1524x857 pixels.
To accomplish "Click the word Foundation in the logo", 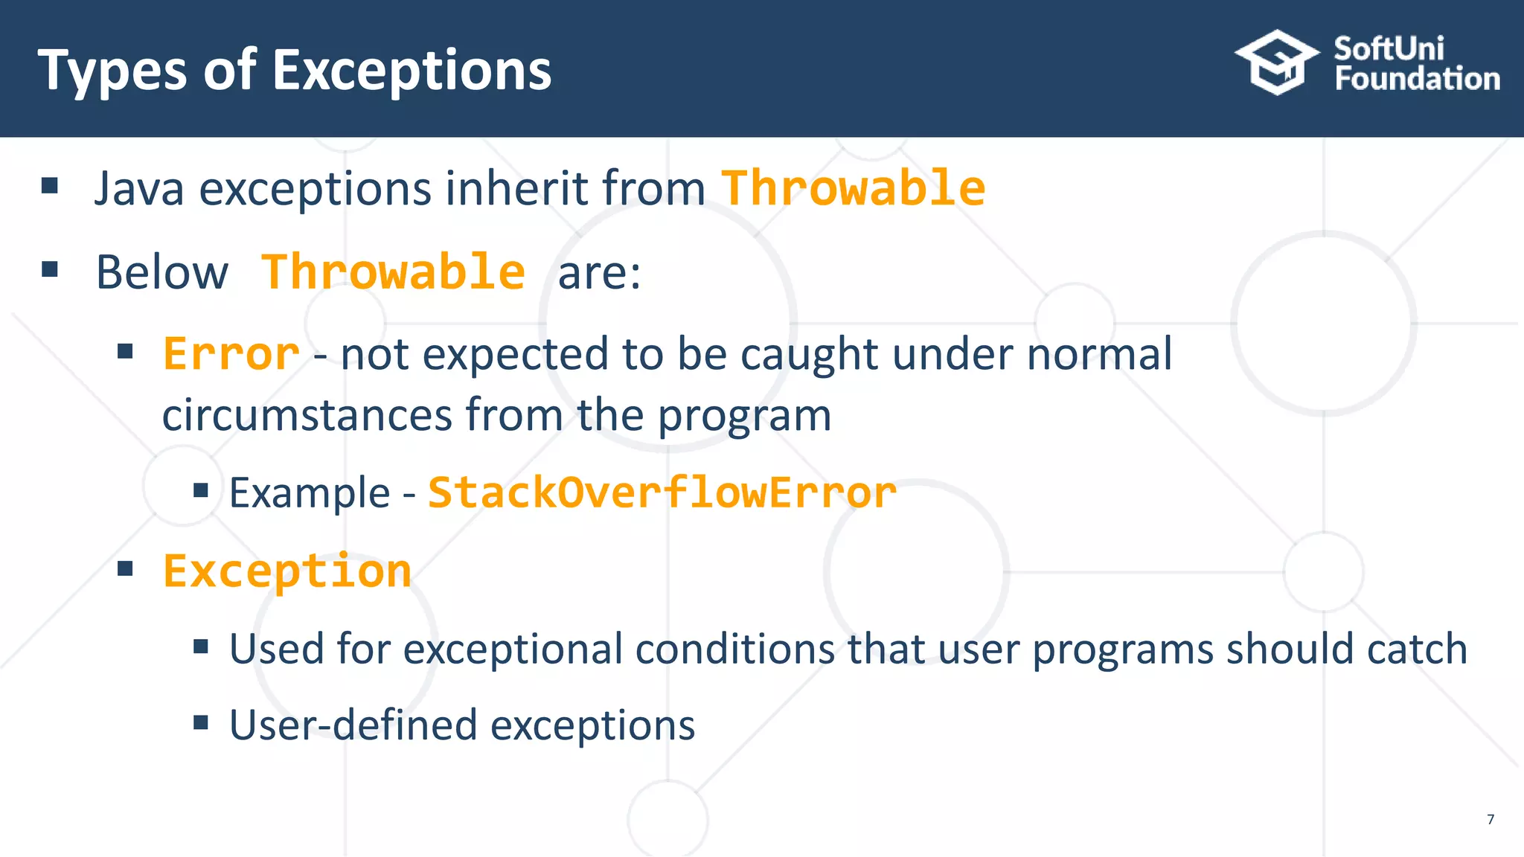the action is coord(1418,78).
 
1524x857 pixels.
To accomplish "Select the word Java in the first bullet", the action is coord(139,188).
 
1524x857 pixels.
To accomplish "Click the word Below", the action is coord(162,272).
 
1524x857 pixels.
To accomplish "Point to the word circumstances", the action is coord(307,415).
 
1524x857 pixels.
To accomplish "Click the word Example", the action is coord(310,494).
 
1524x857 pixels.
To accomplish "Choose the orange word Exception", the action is coord(287,571).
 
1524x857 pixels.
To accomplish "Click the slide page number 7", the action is coord(1491,819).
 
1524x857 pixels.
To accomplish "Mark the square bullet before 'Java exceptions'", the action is coord(50,185).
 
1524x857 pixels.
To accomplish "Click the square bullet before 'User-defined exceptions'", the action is coord(200,722).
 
